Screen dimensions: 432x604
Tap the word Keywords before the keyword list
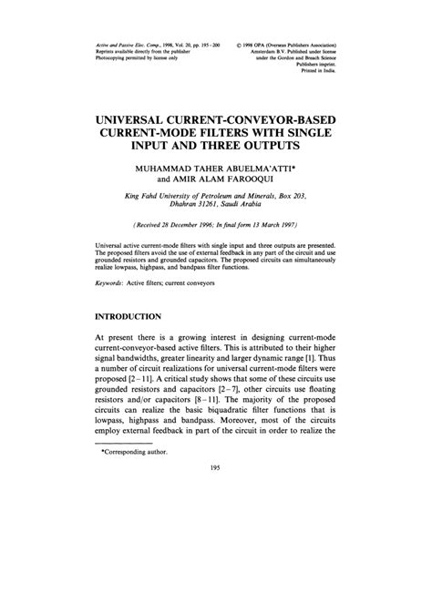click(112, 283)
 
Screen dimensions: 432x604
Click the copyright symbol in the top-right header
click(237, 43)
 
